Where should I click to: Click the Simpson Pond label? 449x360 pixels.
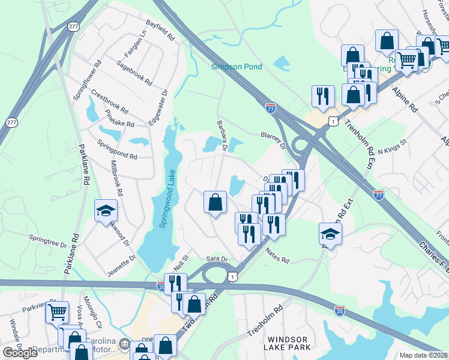[237, 67]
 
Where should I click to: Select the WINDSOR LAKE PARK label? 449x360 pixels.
[289, 343]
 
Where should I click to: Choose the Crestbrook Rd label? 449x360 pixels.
[109, 102]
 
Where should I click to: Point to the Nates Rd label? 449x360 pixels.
[277, 257]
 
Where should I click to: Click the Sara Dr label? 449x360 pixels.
[217, 259]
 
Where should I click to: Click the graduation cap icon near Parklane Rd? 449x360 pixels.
[106, 210]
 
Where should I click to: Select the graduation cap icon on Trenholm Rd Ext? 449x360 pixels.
[330, 233]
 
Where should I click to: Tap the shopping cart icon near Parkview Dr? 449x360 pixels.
[57, 312]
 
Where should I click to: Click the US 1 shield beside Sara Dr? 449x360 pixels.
[232, 275]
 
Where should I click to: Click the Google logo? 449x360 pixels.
[20, 353]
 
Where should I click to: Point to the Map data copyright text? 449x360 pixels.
[423, 355]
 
